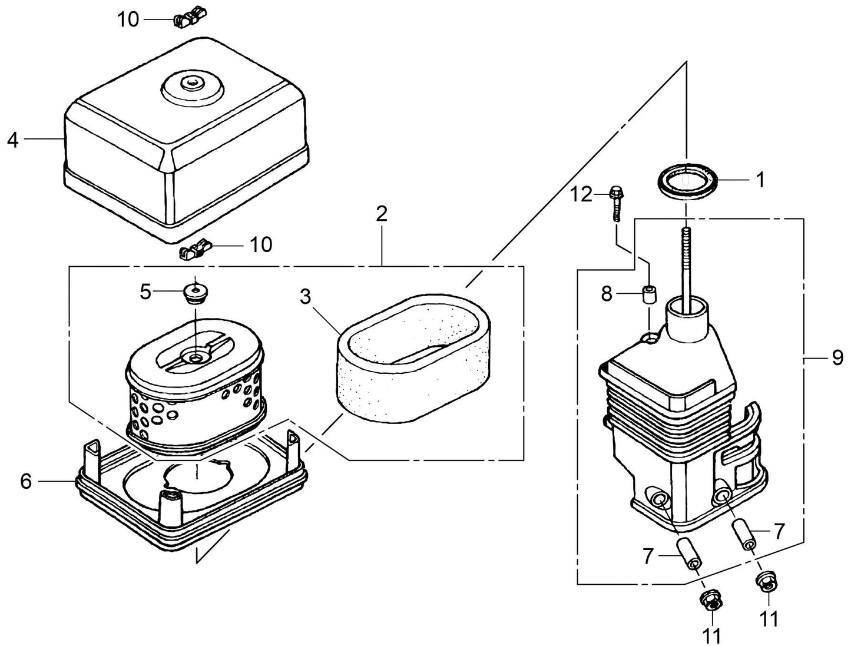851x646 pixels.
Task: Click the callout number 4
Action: point(13,140)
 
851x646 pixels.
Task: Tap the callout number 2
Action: point(382,214)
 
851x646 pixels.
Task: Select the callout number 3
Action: point(305,297)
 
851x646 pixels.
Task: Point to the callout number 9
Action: point(837,358)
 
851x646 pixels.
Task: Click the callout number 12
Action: point(581,194)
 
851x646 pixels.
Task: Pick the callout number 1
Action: point(760,180)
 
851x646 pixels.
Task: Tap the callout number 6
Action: point(26,481)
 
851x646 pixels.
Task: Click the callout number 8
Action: point(607,293)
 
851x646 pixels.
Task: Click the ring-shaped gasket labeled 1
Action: point(688,183)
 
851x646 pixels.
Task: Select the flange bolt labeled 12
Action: point(615,203)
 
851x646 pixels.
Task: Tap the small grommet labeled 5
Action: point(194,291)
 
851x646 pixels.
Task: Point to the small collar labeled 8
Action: point(650,294)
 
